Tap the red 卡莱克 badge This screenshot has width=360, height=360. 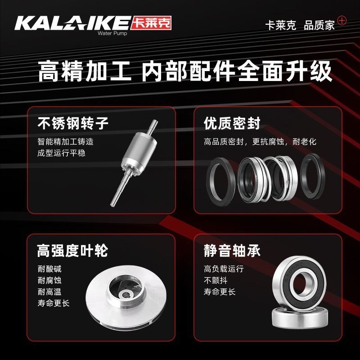pos(153,23)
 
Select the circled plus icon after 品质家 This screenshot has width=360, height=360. pos(342,21)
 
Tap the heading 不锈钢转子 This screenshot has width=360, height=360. pos(73,123)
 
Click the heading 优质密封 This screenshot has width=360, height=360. pos(232,123)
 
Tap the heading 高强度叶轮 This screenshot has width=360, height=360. pos(72,251)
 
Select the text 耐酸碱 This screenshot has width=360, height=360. pos(49,270)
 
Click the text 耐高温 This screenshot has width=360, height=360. pos(49,292)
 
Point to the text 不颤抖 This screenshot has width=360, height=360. pos(214,280)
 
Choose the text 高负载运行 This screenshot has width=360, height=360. pos(224,269)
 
